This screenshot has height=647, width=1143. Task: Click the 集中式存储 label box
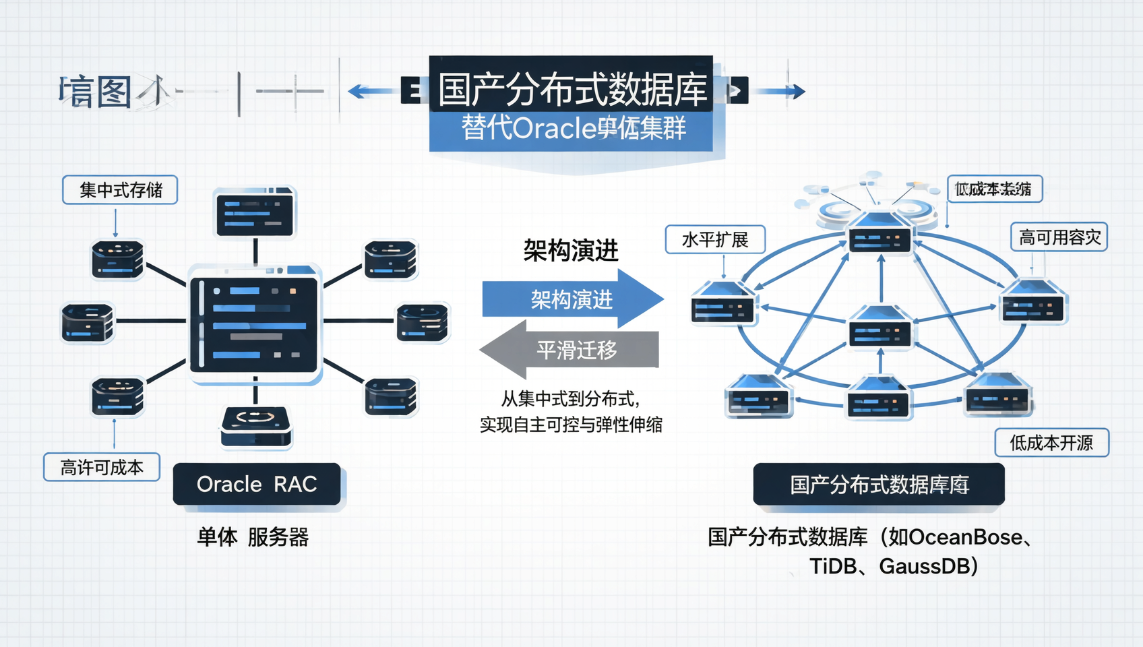(120, 190)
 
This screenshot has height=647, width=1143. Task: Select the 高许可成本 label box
(102, 467)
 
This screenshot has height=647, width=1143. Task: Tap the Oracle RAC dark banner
(257, 484)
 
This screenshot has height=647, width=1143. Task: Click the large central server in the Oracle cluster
(255, 324)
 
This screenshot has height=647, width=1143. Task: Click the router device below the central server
(255, 427)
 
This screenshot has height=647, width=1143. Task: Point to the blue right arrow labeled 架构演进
(571, 299)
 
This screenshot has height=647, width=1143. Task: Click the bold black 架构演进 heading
(571, 251)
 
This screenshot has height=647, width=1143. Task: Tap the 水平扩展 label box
(715, 239)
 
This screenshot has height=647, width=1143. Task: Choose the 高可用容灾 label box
(1059, 237)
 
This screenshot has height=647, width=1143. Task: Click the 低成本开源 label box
(1051, 443)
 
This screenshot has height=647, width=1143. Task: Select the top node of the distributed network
(879, 233)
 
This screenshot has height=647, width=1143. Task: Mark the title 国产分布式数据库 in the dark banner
(571, 89)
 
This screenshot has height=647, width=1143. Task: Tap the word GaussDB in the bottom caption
(927, 566)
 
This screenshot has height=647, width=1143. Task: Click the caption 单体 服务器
(253, 537)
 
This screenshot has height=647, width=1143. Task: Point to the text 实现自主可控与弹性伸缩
(571, 425)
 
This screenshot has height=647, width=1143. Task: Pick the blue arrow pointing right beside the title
(782, 91)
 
